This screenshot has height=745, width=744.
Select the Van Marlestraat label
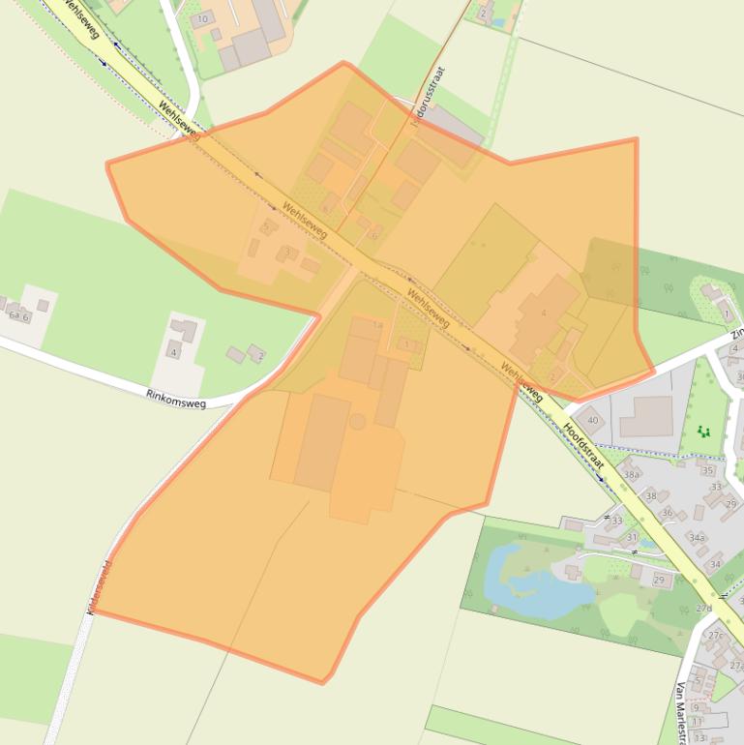(x=683, y=712)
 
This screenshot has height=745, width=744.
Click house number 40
(x=593, y=420)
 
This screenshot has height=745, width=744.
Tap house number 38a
(x=632, y=475)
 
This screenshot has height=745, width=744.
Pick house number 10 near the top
(x=202, y=19)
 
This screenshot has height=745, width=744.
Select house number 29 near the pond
(x=659, y=580)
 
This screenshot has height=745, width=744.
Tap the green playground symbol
(x=703, y=430)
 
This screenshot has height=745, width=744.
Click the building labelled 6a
(x=14, y=315)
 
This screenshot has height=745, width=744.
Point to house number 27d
(x=703, y=609)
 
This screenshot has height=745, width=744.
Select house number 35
(x=708, y=471)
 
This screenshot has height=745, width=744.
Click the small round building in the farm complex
(x=358, y=422)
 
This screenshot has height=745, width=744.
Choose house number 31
(x=632, y=537)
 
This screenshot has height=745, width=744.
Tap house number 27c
(x=715, y=636)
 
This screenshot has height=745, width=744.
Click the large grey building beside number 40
(x=645, y=416)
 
